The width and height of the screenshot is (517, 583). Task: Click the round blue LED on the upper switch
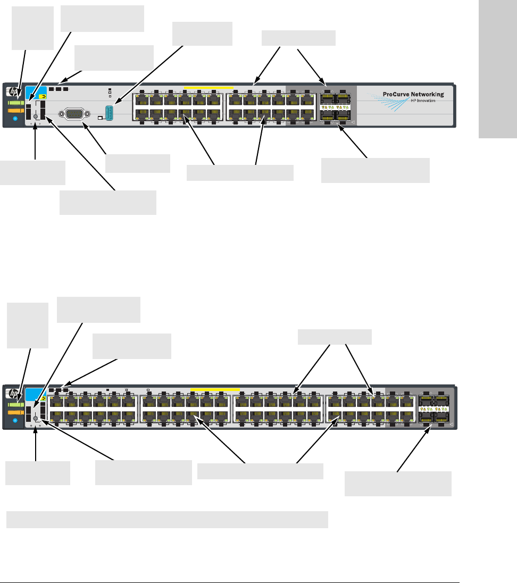click(14, 119)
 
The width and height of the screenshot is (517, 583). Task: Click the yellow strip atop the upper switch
click(208, 87)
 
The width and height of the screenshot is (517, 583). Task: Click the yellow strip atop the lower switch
click(215, 389)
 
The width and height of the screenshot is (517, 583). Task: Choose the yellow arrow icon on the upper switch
click(42, 97)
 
